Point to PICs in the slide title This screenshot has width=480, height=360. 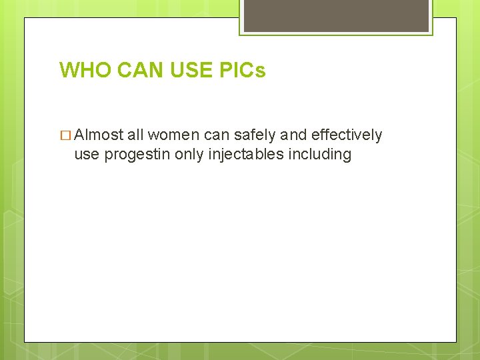(x=243, y=70)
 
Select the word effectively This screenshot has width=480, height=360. (x=347, y=135)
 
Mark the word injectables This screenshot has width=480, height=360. (x=247, y=154)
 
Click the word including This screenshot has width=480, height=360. (x=320, y=154)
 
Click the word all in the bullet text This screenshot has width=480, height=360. (x=135, y=135)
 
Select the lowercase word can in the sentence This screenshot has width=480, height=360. (x=216, y=135)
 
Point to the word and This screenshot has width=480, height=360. (x=293, y=135)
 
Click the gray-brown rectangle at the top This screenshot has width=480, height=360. (x=335, y=15)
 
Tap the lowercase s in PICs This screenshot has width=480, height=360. (x=261, y=71)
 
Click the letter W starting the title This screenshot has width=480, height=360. (x=69, y=70)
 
